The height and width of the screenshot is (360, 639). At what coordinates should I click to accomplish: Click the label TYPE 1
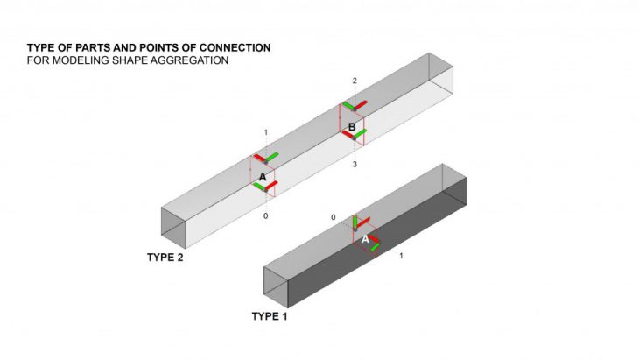click(270, 315)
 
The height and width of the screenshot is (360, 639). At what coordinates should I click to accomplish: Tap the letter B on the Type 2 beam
click(352, 128)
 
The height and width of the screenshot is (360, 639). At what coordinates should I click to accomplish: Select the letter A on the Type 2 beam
click(262, 177)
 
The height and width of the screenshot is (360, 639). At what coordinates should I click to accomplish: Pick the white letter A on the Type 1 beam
click(365, 238)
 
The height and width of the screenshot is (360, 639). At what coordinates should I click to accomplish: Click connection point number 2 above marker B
click(355, 81)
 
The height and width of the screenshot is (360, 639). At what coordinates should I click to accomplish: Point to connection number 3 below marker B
click(355, 164)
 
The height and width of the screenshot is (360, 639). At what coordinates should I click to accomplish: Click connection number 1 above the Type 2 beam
click(265, 132)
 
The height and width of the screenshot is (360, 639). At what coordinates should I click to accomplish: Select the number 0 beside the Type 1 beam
click(333, 216)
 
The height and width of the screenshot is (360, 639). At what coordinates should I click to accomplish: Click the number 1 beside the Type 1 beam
click(401, 256)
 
